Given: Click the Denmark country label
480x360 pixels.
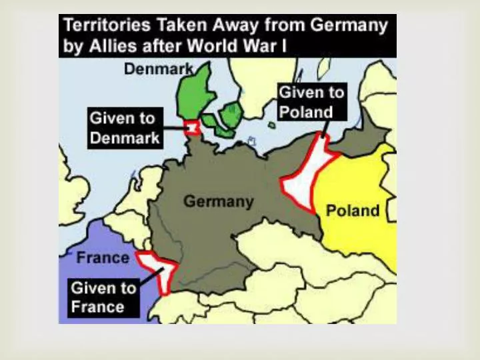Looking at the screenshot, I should pyautogui.click(x=159, y=69).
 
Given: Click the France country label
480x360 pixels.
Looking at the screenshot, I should pyautogui.click(x=102, y=257).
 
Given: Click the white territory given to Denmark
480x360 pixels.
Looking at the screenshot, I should pyautogui.click(x=193, y=127).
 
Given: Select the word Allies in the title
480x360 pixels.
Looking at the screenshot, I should pyautogui.click(x=103, y=47).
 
